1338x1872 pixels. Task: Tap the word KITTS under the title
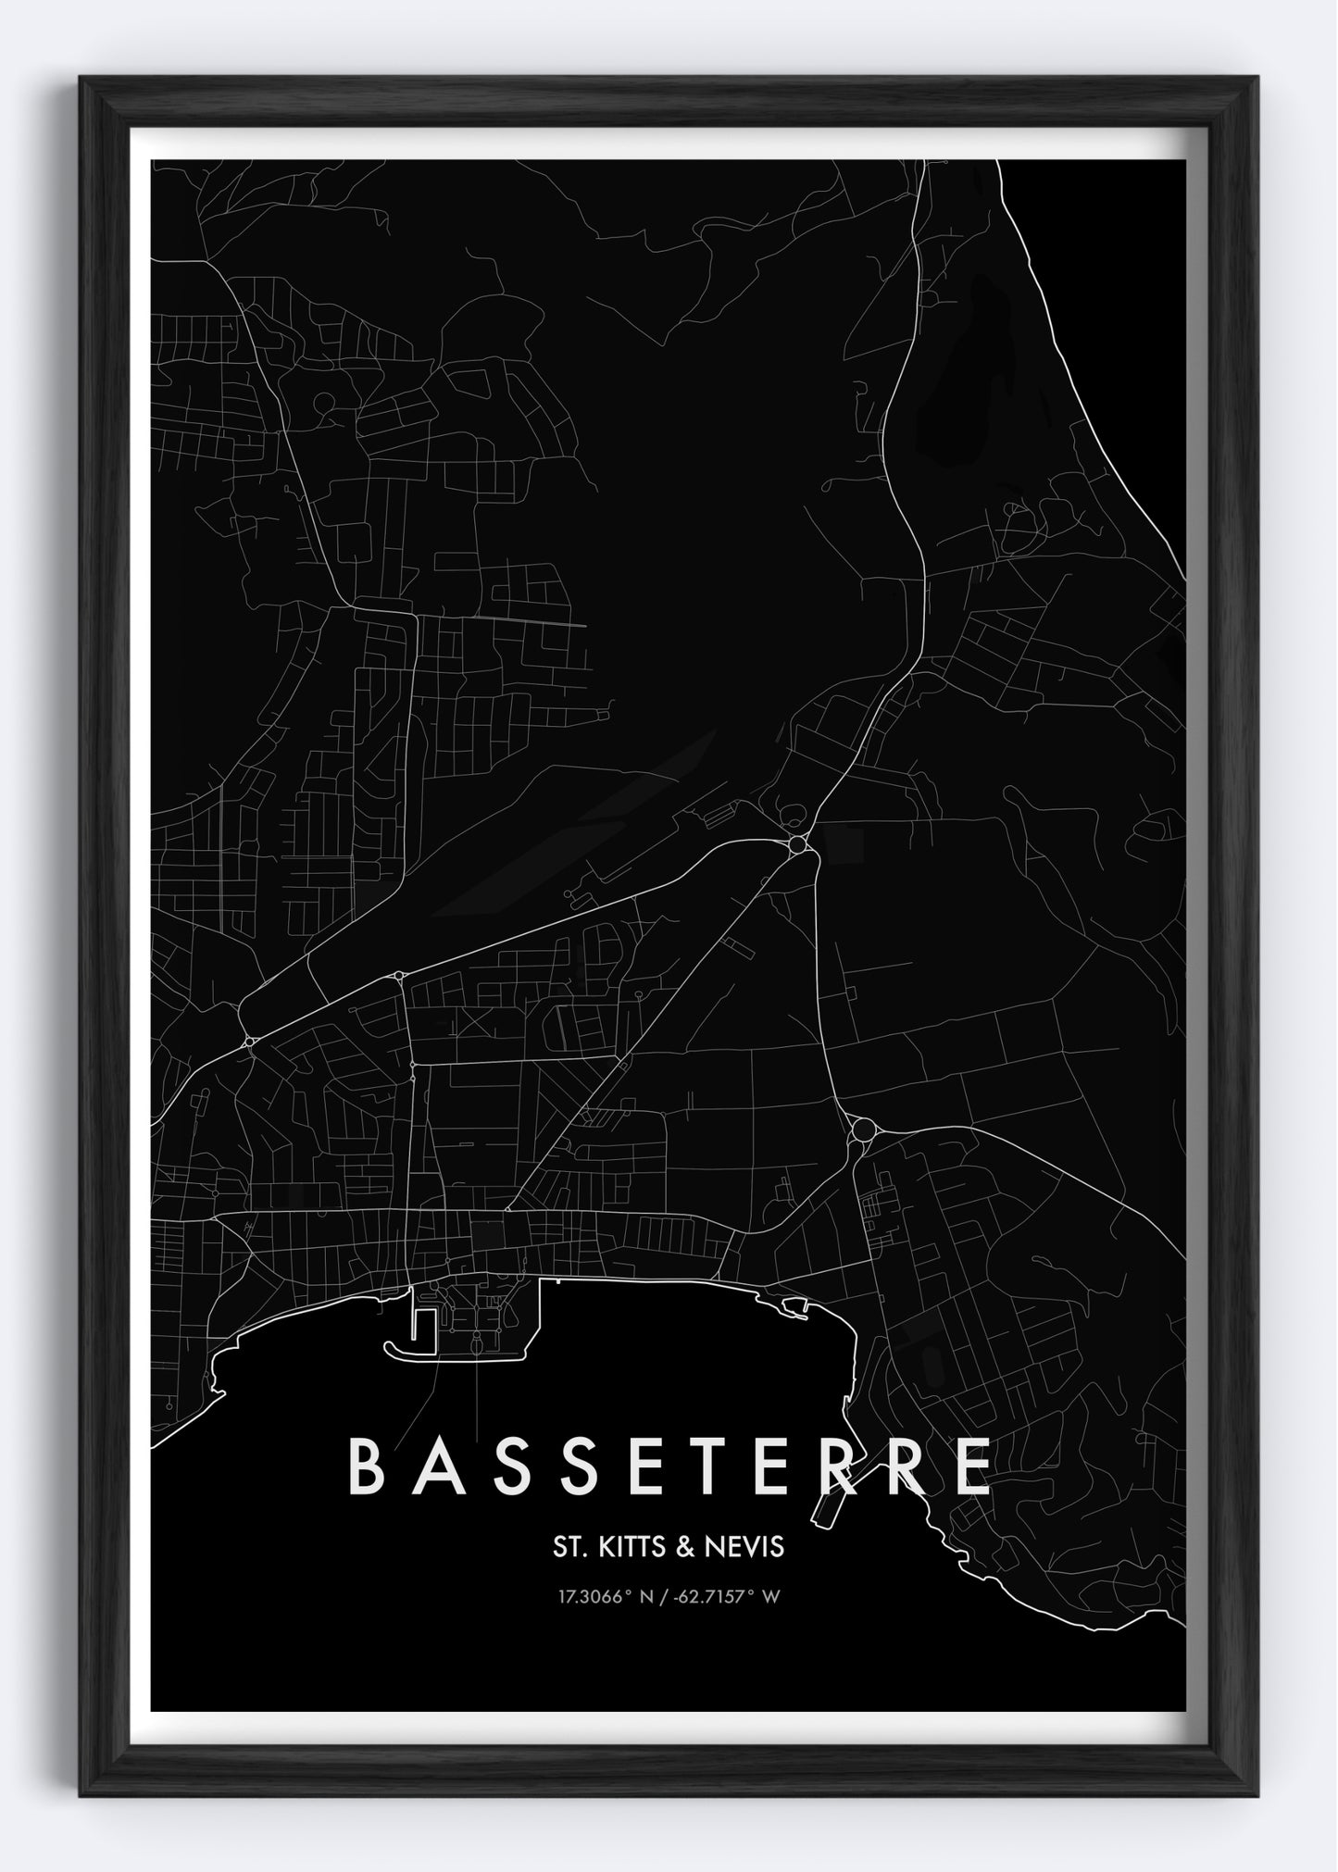point(629,1546)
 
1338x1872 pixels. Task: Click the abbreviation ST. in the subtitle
point(568,1546)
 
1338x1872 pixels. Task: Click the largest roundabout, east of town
point(864,1129)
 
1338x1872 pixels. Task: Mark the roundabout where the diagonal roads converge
point(797,844)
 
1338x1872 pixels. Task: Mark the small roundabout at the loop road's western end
point(250,1042)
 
